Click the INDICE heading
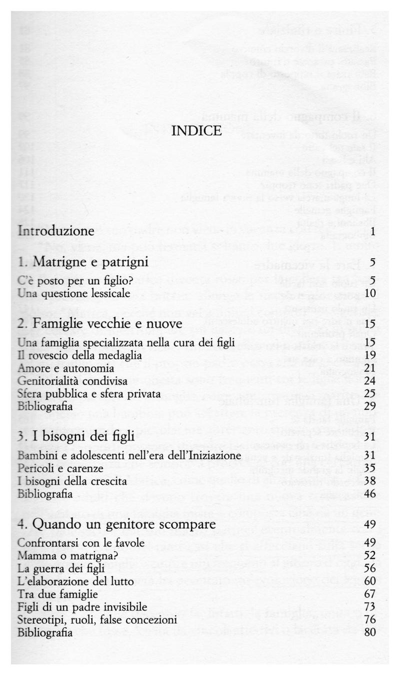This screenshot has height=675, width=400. pyautogui.click(x=196, y=131)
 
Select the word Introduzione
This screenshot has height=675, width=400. pyautogui.click(x=56, y=231)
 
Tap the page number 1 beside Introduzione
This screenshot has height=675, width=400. pyautogui.click(x=373, y=232)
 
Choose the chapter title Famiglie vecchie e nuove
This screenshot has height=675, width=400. pyautogui.click(x=99, y=325)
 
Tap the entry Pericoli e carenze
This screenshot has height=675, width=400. pyautogui.click(x=60, y=469)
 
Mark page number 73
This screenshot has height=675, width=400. pyautogui.click(x=370, y=607)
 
